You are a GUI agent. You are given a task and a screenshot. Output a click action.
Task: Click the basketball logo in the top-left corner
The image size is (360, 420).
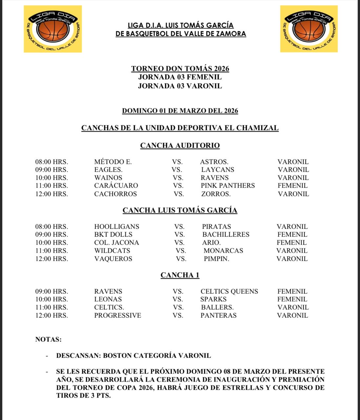(x=53, y=29)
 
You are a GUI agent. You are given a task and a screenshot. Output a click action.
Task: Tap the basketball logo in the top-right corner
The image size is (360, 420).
(x=309, y=29)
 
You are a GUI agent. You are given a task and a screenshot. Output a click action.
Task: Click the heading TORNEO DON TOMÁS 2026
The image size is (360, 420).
(x=180, y=69)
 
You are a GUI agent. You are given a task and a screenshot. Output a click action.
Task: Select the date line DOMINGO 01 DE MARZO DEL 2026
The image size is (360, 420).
(x=180, y=111)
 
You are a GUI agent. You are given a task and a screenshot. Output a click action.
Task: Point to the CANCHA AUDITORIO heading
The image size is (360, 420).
(x=180, y=145)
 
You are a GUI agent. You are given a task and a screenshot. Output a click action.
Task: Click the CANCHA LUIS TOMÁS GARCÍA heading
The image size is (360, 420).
(x=180, y=210)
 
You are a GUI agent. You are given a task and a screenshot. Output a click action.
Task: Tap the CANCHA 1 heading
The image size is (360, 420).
(x=180, y=275)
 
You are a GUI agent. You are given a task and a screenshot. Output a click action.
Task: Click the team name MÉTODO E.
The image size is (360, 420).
(x=113, y=162)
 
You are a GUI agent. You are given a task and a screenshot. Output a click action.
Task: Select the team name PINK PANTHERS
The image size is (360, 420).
(x=228, y=186)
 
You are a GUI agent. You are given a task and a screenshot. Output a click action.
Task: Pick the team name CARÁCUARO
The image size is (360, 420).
(x=116, y=186)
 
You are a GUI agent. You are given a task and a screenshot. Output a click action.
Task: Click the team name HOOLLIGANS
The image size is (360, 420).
(x=116, y=227)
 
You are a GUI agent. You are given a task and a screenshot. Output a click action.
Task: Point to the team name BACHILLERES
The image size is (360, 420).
(x=226, y=235)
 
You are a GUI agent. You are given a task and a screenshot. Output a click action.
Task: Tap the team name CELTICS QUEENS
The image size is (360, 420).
(x=229, y=291)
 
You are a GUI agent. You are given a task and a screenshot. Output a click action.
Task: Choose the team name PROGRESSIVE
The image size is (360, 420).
(x=117, y=316)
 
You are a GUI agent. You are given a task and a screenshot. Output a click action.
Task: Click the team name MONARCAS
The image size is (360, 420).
(x=223, y=251)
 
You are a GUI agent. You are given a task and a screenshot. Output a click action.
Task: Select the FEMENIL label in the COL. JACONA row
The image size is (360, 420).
(x=291, y=243)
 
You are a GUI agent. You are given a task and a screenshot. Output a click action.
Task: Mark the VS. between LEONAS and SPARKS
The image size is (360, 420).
(x=178, y=299)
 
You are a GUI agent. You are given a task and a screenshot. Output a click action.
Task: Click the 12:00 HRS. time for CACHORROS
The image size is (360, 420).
(x=52, y=194)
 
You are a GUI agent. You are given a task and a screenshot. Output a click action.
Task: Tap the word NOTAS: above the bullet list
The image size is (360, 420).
(x=48, y=339)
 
